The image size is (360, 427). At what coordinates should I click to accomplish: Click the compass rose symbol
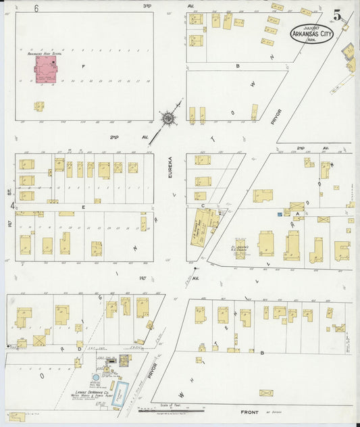[x=166, y=118]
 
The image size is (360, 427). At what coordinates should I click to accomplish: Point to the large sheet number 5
[x=336, y=14]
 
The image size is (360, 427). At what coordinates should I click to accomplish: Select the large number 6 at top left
[x=36, y=7]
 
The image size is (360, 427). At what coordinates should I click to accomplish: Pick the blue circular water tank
[x=96, y=376]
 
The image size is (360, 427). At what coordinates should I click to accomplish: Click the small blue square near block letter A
[x=278, y=214]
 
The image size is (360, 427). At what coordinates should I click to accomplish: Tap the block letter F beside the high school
[x=84, y=67]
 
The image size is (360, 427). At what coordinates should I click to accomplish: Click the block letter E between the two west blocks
[x=83, y=207]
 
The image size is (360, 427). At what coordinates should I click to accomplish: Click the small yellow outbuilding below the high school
[x=39, y=106]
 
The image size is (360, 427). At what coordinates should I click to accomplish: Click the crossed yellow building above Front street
[x=266, y=393]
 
